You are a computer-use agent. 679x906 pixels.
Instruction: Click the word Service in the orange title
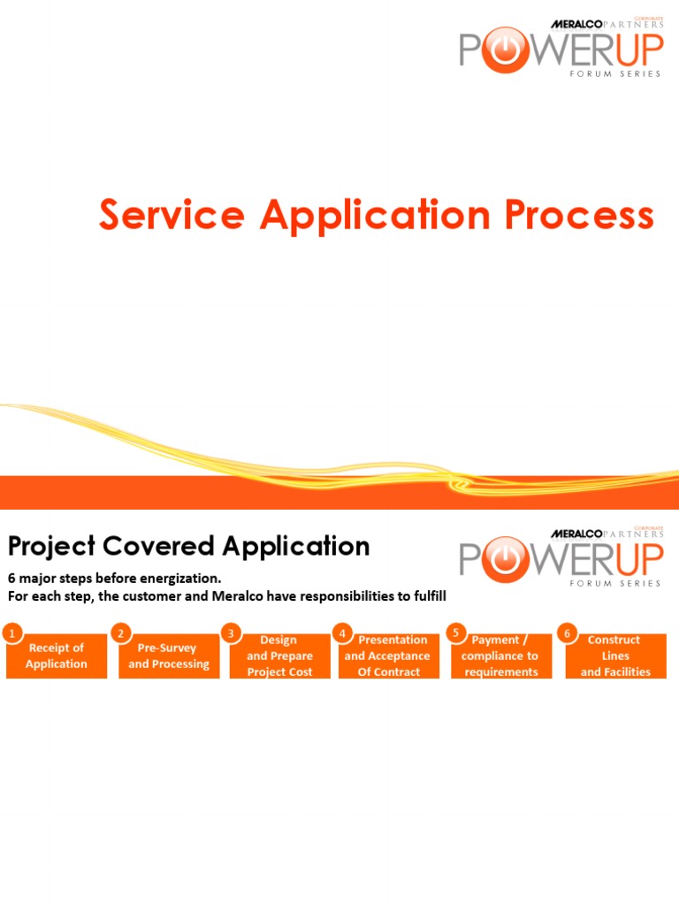171,216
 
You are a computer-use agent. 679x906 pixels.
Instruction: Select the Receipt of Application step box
57,656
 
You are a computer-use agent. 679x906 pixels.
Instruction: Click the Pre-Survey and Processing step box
169,656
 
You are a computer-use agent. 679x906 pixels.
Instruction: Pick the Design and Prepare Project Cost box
279,656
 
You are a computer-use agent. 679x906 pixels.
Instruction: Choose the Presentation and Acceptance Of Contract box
388,656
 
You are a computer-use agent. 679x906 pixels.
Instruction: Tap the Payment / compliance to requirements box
500,656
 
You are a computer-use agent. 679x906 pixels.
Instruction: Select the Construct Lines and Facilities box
615,656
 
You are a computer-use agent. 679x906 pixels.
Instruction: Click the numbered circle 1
11,633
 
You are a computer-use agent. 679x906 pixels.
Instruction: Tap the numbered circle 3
232,633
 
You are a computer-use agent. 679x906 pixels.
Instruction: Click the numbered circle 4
342,633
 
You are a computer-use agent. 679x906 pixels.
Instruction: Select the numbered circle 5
455,633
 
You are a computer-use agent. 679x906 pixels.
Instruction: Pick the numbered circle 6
567,633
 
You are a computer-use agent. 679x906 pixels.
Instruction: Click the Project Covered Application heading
188,547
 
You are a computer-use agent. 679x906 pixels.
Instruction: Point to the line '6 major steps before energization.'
114,579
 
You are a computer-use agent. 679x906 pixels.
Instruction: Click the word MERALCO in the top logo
576,24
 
